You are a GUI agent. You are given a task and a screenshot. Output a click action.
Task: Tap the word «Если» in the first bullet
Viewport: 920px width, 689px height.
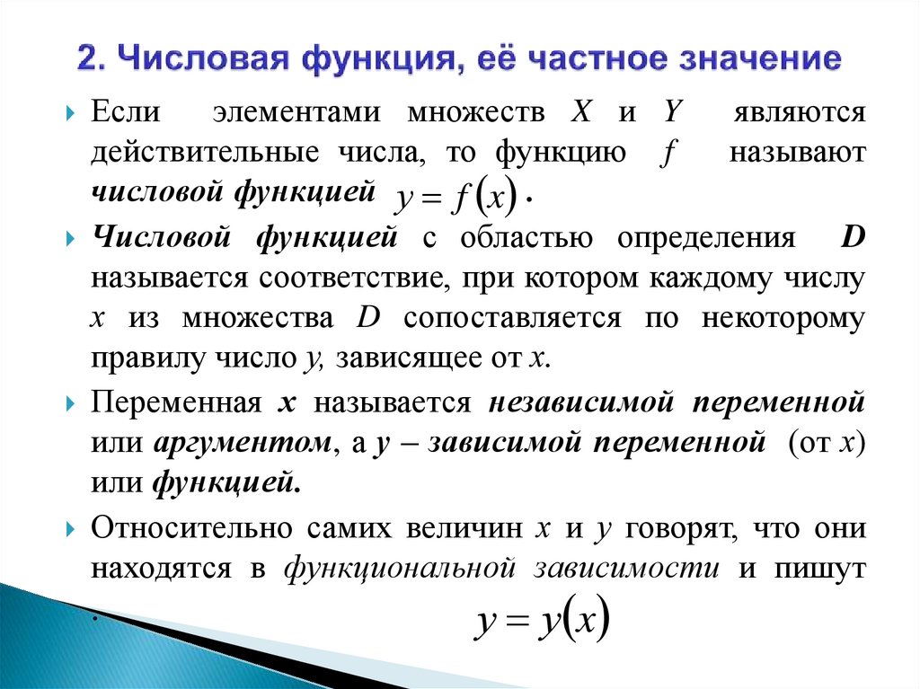tap(125, 114)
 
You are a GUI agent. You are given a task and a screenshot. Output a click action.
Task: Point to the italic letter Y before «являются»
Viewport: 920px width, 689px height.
tap(671, 114)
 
